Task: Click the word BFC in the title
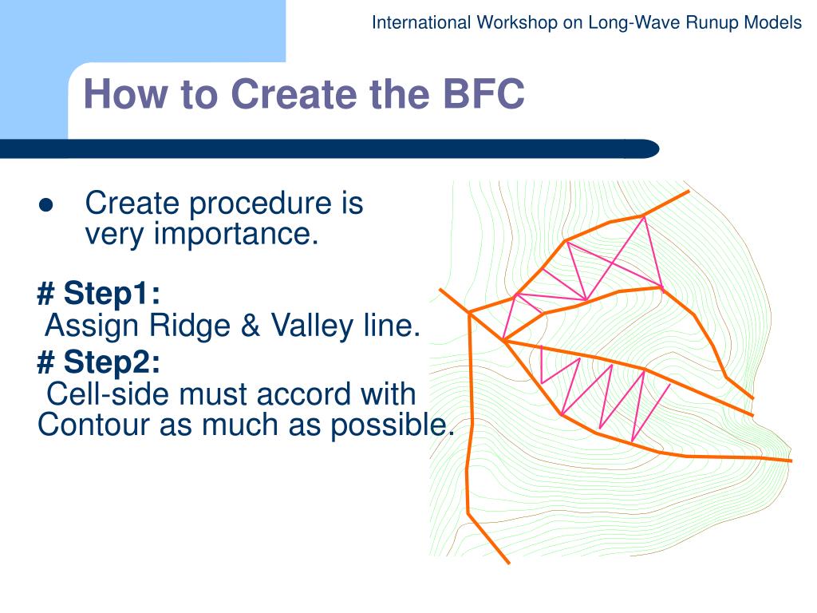point(480,95)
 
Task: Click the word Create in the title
point(292,95)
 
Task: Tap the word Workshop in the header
point(517,22)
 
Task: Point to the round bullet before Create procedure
point(45,205)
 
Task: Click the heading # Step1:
point(99,294)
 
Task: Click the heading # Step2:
point(99,363)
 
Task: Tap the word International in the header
point(422,22)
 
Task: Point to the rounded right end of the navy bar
point(650,149)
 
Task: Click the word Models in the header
point(773,22)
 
